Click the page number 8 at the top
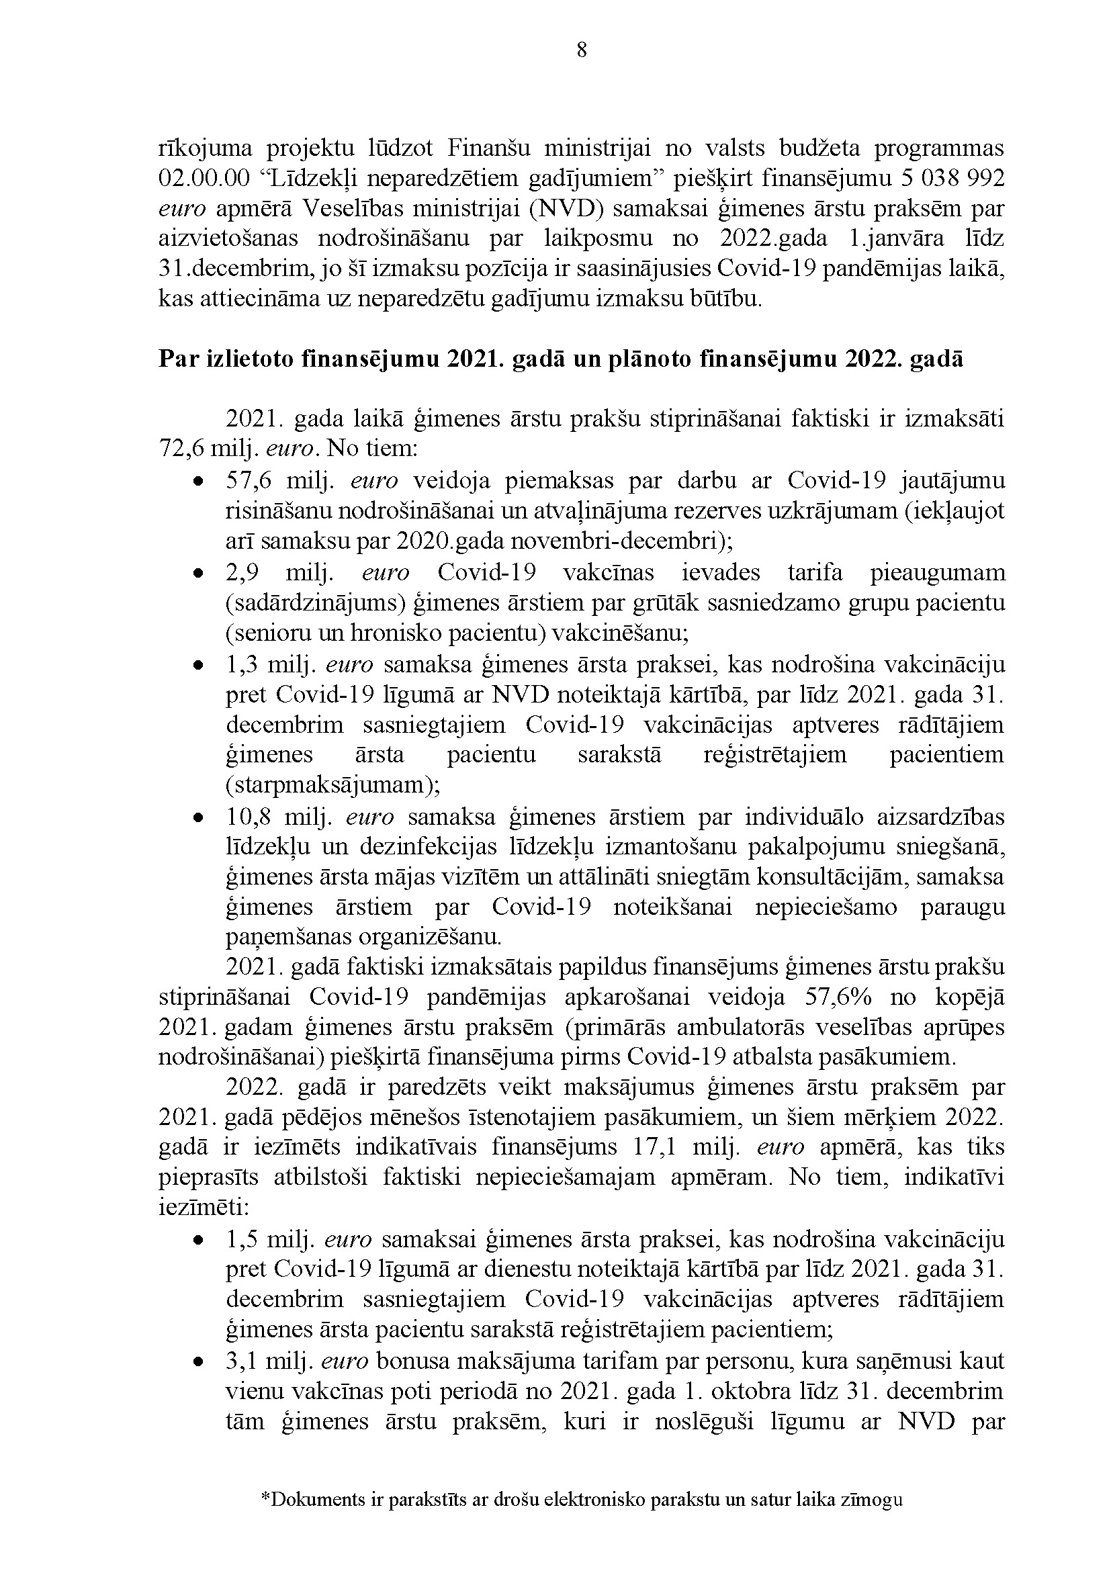[582, 50]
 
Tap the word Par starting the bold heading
[179, 359]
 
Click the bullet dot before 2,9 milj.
[197, 573]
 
